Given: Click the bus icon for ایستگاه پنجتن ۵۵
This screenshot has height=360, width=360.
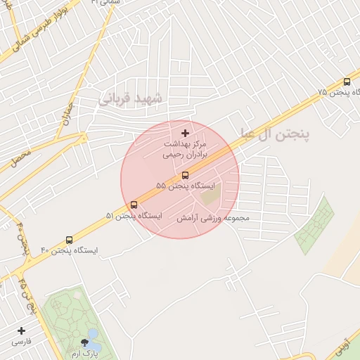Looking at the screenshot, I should pyautogui.click(x=185, y=174).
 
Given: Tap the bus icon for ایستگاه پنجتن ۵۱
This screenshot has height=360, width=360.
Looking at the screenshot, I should pyautogui.click(x=134, y=205).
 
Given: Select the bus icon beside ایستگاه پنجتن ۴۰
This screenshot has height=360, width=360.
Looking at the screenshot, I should pyautogui.click(x=67, y=239).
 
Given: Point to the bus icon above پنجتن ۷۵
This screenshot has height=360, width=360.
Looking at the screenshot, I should pyautogui.click(x=347, y=82).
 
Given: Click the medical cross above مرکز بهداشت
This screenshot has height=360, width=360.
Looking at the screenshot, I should pyautogui.click(x=185, y=133).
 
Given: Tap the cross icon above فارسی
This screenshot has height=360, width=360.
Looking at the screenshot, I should pyautogui.click(x=21, y=330).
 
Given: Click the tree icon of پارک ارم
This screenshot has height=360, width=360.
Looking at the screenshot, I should pyautogui.click(x=86, y=343).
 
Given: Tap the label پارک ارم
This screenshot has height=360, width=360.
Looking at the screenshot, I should pyautogui.click(x=86, y=354).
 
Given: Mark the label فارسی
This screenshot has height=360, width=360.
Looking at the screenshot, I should pyautogui.click(x=22, y=342).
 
